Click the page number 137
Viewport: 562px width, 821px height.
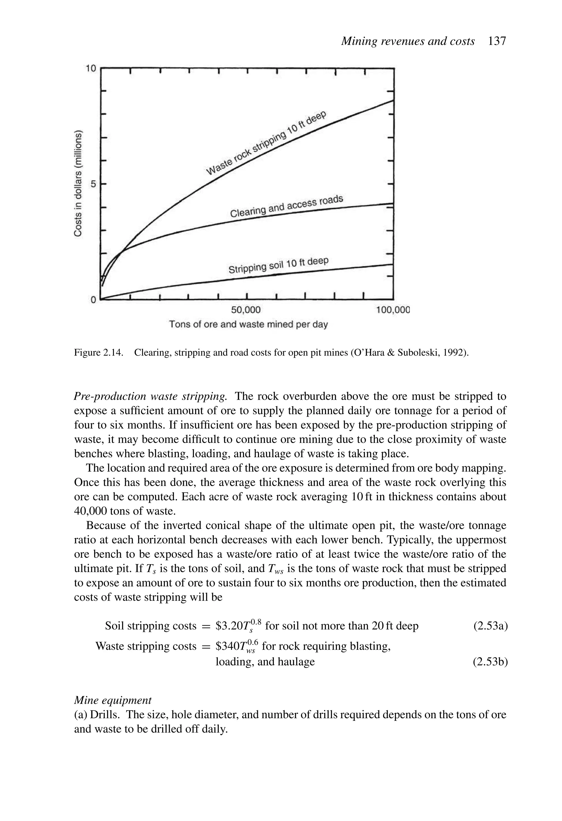[x=497, y=41]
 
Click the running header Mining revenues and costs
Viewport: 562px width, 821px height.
[x=408, y=41]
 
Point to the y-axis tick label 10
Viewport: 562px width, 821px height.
[x=91, y=68]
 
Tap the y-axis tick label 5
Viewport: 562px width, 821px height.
[x=93, y=184]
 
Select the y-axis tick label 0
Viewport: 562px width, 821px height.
[x=93, y=300]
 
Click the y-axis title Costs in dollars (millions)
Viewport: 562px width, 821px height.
[x=78, y=184]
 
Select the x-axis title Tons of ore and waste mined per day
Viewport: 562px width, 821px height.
[x=248, y=324]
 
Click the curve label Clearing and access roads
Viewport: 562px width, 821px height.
[x=287, y=206]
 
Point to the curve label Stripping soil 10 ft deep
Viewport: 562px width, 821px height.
[x=279, y=265]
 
